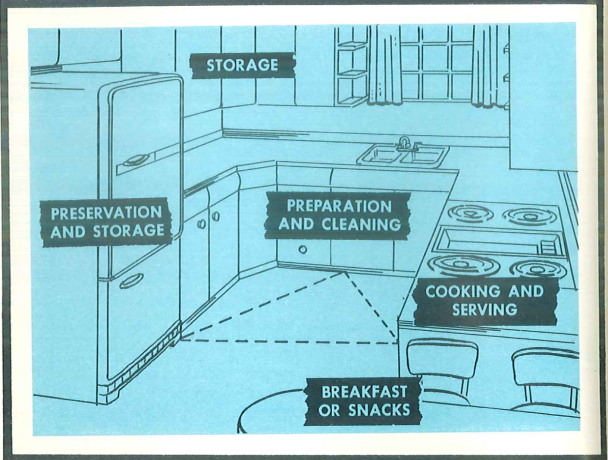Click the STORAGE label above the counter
click(242, 65)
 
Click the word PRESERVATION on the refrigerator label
click(106, 213)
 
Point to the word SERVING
click(484, 310)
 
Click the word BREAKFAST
click(364, 392)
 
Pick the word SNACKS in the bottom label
click(379, 410)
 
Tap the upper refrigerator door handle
click(136, 160)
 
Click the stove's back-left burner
click(470, 214)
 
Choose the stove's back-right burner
click(530, 216)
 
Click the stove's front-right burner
click(538, 268)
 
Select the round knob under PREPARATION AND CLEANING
click(303, 250)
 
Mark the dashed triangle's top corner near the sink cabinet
click(345, 272)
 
